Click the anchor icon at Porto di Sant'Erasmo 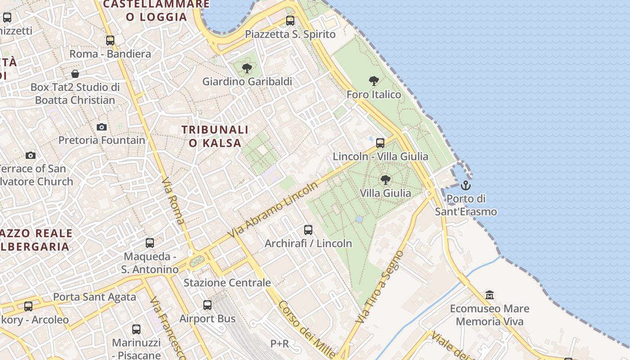pyautogui.click(x=465, y=185)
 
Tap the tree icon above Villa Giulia pyautogui.click(x=385, y=180)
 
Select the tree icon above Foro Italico pyautogui.click(x=373, y=81)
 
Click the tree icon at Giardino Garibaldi pyautogui.click(x=247, y=68)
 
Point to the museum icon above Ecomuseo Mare pyautogui.click(x=490, y=295)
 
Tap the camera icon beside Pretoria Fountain pyautogui.click(x=102, y=127)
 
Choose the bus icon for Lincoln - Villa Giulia pyautogui.click(x=380, y=143)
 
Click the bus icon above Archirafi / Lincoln pyautogui.click(x=308, y=230)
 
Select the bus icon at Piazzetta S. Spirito pyautogui.click(x=290, y=20)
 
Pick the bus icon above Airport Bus pyautogui.click(x=207, y=305)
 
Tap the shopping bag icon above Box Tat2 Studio pyautogui.click(x=75, y=73)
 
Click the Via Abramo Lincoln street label pyautogui.click(x=273, y=210)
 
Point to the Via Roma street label pyautogui.click(x=172, y=200)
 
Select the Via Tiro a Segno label pyautogui.click(x=380, y=287)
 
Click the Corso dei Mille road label pyautogui.click(x=306, y=329)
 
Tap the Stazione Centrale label pyautogui.click(x=227, y=283)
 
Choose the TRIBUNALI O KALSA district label pyautogui.click(x=215, y=136)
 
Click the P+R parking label pyautogui.click(x=279, y=344)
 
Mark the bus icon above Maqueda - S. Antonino pyautogui.click(x=150, y=243)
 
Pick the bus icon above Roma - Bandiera pyautogui.click(x=110, y=40)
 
